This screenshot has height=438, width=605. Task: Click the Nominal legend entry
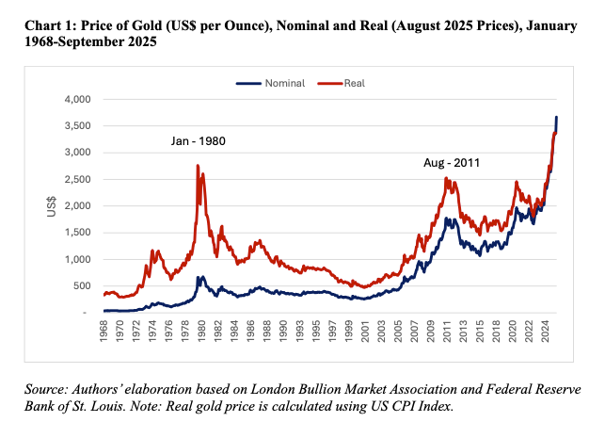pyautogui.click(x=280, y=83)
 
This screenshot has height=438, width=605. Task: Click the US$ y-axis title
pyautogui.click(x=54, y=205)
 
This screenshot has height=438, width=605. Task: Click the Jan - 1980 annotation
pyautogui.click(x=199, y=141)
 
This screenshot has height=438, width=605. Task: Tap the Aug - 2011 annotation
pyautogui.click(x=452, y=163)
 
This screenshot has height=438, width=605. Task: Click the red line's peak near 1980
pyautogui.click(x=197, y=166)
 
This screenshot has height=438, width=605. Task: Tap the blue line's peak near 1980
pyautogui.click(x=199, y=277)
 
